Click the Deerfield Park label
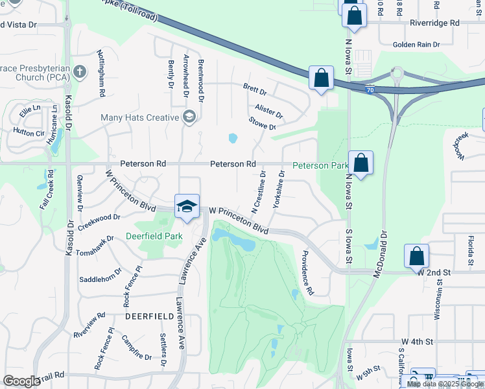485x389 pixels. tap(154, 237)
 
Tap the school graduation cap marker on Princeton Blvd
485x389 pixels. tap(187, 206)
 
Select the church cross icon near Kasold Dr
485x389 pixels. tap(80, 71)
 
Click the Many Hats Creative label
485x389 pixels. tap(139, 117)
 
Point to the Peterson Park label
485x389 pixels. tap(320, 166)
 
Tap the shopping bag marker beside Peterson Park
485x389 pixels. tap(361, 163)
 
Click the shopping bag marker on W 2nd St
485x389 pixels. tap(416, 257)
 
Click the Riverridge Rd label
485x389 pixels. tap(434, 23)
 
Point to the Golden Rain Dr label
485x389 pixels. tap(416, 45)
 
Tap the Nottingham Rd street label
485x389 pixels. tap(101, 73)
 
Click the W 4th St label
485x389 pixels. tap(416, 341)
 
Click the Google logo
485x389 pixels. tap(21, 381)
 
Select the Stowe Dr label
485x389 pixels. tap(262, 123)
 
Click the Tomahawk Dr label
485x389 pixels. tap(95, 246)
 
